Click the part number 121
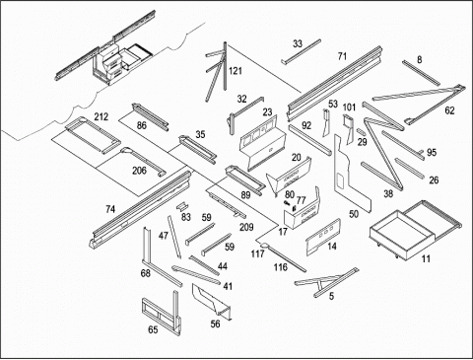click(x=236, y=71)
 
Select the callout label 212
click(x=101, y=116)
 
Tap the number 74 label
click(x=110, y=209)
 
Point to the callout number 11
click(x=426, y=258)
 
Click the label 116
click(x=281, y=267)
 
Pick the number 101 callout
click(x=349, y=108)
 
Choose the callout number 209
click(x=246, y=227)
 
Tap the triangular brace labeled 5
click(x=325, y=282)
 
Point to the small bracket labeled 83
click(x=181, y=207)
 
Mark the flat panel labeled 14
click(x=323, y=237)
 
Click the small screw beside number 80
click(x=288, y=203)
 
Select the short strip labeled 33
click(x=301, y=52)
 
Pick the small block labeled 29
click(x=361, y=131)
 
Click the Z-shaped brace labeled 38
click(x=382, y=145)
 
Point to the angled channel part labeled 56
click(x=211, y=301)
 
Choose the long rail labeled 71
click(x=335, y=84)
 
